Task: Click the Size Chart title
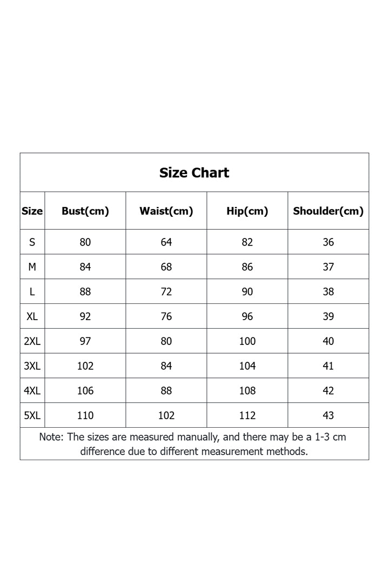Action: [x=194, y=172]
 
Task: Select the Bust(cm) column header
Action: [x=85, y=211]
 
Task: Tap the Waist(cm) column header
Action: [x=166, y=211]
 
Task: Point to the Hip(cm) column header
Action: [x=247, y=211]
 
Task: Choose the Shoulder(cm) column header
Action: [x=328, y=211]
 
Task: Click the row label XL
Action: [x=32, y=316]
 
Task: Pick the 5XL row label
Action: [x=32, y=415]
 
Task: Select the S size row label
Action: [x=32, y=242]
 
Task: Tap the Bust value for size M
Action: [x=85, y=267]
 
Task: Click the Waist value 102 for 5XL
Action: [x=166, y=415]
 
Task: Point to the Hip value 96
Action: [x=247, y=316]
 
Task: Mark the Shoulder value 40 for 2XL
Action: [x=328, y=341]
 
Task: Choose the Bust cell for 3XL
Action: [x=85, y=366]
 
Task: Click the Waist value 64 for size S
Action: [x=166, y=242]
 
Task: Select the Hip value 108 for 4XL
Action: [x=247, y=390]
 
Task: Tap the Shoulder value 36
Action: [x=328, y=242]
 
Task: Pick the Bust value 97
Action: [x=85, y=341]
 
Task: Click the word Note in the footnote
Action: [x=51, y=437]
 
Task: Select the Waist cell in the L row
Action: [x=166, y=292]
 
